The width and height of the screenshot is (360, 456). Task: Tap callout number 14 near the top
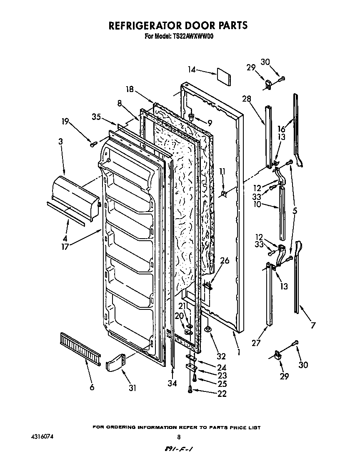pos(192,70)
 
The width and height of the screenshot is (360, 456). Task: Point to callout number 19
pos(65,122)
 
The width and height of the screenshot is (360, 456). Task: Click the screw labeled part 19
pos(93,144)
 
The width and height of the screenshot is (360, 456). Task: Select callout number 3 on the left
pos(61,142)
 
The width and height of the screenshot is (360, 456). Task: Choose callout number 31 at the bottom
pos(132,388)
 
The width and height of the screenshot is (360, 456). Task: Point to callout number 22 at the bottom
pos(222,394)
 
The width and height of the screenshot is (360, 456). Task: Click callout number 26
pos(225,261)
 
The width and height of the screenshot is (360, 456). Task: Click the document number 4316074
pos(42,437)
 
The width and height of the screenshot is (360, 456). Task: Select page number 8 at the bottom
pos(179,437)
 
